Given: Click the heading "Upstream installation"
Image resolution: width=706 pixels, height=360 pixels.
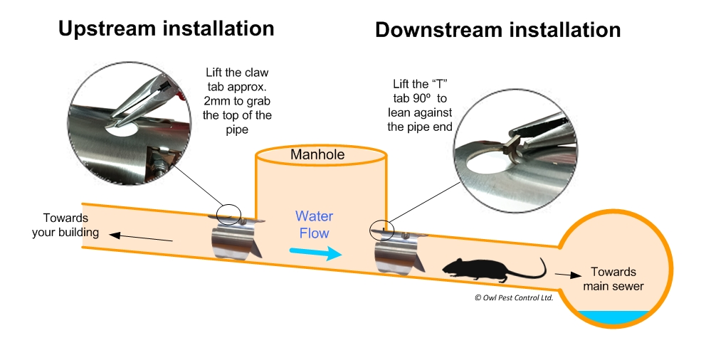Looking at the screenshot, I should click(x=166, y=28).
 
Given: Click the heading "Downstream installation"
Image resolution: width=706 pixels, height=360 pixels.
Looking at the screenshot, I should click(x=497, y=30).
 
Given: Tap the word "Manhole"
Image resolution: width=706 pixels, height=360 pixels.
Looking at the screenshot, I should click(x=317, y=154).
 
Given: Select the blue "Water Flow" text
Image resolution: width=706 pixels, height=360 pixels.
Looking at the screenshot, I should click(x=314, y=224).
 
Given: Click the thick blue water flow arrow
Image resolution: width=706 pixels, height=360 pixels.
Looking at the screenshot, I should click(x=315, y=253).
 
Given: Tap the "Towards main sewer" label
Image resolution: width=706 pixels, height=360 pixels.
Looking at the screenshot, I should click(x=613, y=279).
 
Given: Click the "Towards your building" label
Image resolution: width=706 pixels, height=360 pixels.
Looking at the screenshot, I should click(x=65, y=225).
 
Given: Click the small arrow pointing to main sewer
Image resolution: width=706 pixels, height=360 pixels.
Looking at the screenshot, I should click(x=565, y=273).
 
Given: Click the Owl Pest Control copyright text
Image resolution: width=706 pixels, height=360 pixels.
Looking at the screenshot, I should click(x=513, y=298).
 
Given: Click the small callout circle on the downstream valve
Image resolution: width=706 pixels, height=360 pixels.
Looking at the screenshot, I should click(x=381, y=229).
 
